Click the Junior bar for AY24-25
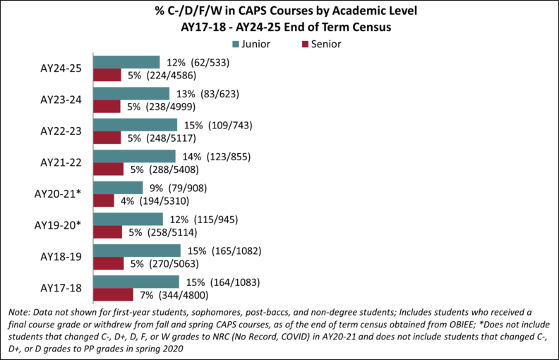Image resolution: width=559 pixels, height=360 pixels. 127,61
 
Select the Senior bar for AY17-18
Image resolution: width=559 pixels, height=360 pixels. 114,295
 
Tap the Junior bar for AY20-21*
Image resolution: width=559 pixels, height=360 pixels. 119,187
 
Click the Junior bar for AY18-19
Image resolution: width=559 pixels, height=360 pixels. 137,251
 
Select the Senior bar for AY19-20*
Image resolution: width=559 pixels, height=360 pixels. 108,232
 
